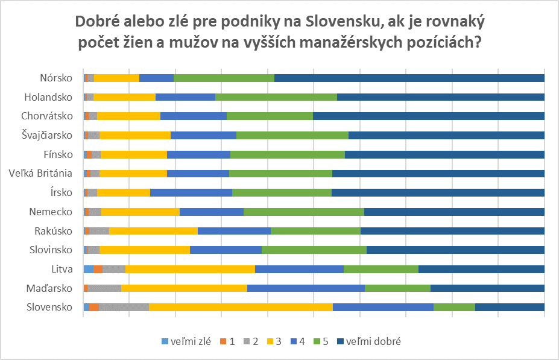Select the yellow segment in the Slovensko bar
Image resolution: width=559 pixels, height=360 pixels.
[x=241, y=307]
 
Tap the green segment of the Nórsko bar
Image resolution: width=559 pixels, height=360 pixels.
[x=224, y=78]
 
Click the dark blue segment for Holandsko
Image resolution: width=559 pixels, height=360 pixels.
[x=440, y=97]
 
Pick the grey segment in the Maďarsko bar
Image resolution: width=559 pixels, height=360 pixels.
[x=104, y=288]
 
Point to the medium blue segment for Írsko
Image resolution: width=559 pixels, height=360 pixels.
[x=191, y=192]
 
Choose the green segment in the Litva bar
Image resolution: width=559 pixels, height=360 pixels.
[x=381, y=269]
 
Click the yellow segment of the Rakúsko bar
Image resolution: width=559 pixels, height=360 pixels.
[x=153, y=230]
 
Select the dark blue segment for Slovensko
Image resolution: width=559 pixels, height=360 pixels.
[x=510, y=307]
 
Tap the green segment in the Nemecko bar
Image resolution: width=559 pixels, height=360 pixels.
[x=303, y=212]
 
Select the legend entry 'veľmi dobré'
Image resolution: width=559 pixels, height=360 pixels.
[x=368, y=342]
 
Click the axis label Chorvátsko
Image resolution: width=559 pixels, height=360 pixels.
[x=47, y=116]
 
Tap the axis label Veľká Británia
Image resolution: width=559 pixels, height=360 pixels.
[x=41, y=173]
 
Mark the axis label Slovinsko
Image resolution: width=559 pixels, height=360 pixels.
[x=51, y=250]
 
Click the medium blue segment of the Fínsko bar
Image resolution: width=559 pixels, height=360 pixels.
[x=198, y=154]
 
